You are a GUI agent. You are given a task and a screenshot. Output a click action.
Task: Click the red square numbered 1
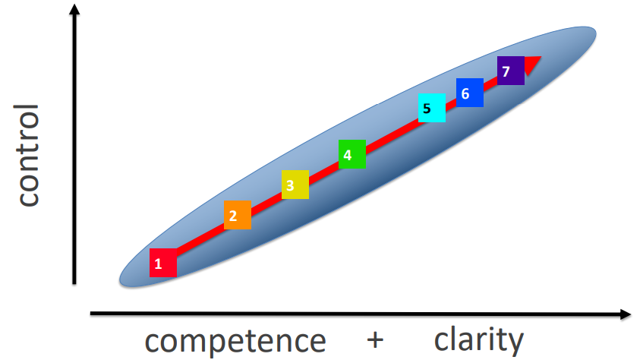click(x=163, y=263)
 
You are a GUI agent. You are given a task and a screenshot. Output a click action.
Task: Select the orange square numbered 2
click(x=238, y=215)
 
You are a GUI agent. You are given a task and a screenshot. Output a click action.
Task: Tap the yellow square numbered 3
click(x=295, y=185)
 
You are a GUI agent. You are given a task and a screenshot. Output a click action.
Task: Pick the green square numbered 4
click(x=351, y=154)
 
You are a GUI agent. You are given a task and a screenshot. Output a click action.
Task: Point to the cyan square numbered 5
click(x=431, y=108)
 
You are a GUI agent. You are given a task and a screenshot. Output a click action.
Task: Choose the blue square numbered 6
click(x=470, y=93)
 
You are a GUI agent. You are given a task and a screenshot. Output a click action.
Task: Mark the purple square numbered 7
click(x=511, y=71)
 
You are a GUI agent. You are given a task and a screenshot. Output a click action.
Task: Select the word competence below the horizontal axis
click(x=235, y=339)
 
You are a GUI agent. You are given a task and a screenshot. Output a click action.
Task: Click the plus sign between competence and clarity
click(x=374, y=339)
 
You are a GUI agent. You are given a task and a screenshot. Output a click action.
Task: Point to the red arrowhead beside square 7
click(x=533, y=65)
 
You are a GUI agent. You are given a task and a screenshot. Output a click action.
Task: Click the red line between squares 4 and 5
click(x=391, y=132)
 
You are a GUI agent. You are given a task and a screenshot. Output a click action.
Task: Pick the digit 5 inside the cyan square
click(x=427, y=109)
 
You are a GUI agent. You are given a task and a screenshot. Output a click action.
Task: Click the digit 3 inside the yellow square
click(x=290, y=185)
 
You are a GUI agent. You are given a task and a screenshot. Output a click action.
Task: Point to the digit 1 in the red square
click(x=158, y=264)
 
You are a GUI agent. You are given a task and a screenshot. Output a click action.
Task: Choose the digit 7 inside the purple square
click(x=506, y=71)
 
